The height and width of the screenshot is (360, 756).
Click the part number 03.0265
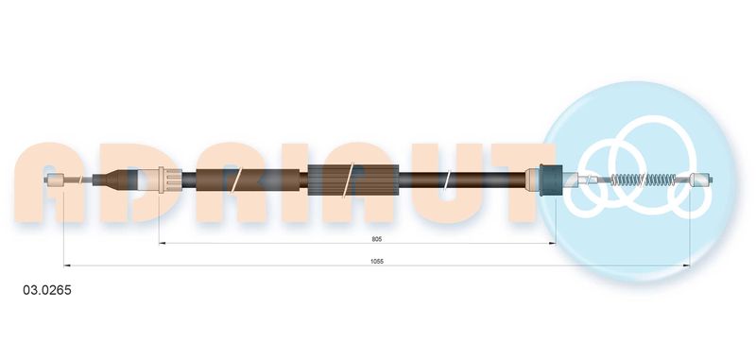click(x=47, y=290)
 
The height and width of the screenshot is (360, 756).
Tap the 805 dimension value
click(x=376, y=238)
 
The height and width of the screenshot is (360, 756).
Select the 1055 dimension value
click(x=376, y=261)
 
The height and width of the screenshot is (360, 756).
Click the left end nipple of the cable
click(x=58, y=180)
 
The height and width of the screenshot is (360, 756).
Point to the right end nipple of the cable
click(x=700, y=180)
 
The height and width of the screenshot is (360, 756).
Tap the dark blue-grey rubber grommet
click(x=551, y=180)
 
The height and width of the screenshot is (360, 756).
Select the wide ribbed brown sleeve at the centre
click(x=352, y=180)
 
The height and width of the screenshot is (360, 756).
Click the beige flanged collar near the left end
click(x=170, y=180)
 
